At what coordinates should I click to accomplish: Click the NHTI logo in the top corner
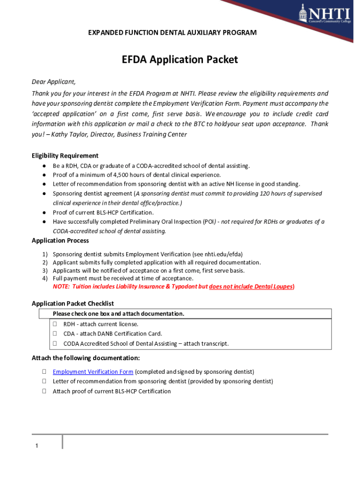point(325,14)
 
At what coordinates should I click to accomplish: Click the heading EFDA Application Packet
point(180,59)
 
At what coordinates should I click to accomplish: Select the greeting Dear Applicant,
point(53,81)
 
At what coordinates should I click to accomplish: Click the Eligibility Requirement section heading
point(65,156)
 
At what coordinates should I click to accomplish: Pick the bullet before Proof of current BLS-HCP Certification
point(43,212)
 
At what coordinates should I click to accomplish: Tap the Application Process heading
point(60,240)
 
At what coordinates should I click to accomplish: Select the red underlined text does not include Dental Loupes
point(251,286)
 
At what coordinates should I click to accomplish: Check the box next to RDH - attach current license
point(55,324)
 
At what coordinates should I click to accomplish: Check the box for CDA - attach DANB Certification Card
point(55,334)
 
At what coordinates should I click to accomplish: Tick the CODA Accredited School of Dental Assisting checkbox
point(55,343)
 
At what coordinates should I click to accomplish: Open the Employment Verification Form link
point(93,372)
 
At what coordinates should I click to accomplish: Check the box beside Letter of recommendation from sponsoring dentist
point(43,381)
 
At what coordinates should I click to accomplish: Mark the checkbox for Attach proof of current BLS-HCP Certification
point(43,391)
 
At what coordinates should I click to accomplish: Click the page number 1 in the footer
point(36,445)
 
